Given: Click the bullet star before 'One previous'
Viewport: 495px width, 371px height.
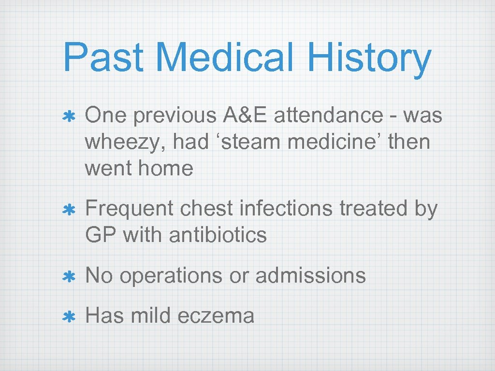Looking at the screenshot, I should click(69, 117).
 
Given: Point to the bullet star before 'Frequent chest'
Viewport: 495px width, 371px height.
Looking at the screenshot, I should click(69, 210).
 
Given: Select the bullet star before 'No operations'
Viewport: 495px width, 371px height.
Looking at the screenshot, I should click(69, 277).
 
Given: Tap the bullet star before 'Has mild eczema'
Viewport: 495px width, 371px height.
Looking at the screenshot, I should click(69, 317).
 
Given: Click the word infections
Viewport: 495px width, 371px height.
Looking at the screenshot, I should click(287, 209).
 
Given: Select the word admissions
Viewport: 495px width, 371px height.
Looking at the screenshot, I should click(310, 276).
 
